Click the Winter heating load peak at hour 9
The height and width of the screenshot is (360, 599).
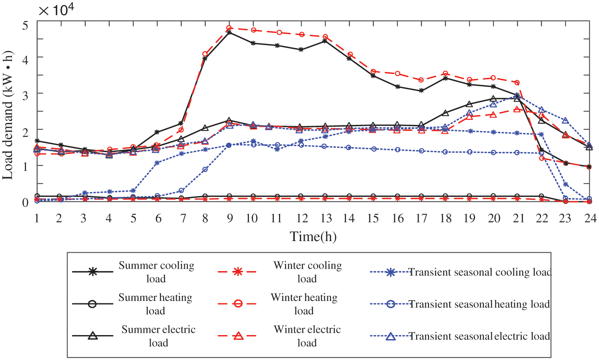tap(229, 28)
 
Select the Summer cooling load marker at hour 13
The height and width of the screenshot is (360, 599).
tap(325, 41)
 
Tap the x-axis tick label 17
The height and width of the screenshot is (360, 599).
tap(421, 219)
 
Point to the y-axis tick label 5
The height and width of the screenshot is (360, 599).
tap(25, 26)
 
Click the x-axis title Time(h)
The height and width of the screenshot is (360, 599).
tap(313, 237)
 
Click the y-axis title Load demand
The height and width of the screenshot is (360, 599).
tap(8, 115)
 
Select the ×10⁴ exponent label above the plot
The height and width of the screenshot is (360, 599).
tap(56, 10)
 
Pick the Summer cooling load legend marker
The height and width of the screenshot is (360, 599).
tap(93, 272)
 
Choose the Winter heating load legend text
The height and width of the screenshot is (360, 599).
tap(304, 304)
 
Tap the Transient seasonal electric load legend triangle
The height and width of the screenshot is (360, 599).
tap(391, 336)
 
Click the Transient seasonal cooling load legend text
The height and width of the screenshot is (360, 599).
tap(480, 272)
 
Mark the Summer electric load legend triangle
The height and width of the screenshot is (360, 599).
tap(93, 335)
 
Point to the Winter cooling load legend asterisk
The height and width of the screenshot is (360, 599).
tap(238, 272)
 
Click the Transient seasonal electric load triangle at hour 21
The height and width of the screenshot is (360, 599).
tap(518, 96)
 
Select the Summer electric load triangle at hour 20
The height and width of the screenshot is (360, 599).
tap(493, 99)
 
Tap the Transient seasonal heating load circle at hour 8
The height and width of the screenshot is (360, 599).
tap(205, 170)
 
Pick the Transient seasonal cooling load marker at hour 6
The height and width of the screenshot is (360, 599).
tap(157, 163)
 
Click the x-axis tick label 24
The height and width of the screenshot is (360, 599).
tap(590, 219)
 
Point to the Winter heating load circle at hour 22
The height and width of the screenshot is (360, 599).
tap(542, 158)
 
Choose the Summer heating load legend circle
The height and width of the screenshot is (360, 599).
tap(92, 304)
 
